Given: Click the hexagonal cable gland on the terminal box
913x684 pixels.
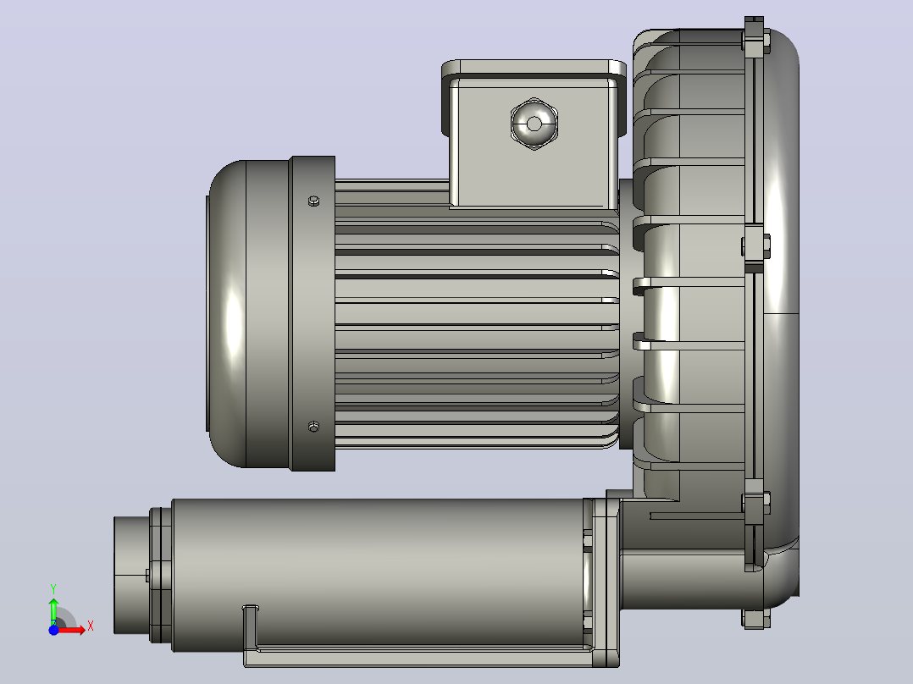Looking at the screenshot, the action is pos(534,124).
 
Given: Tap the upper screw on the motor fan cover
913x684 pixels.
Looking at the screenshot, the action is pos(313,201).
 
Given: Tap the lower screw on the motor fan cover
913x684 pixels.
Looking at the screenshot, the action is pos(313,427).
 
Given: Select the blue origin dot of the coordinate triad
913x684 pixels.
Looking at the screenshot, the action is pos(53,630).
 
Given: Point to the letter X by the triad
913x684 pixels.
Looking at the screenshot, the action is pos(91,626).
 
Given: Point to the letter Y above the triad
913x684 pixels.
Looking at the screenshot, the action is pos(53,588).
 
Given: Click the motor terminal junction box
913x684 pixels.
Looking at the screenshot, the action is pos(534,134).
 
